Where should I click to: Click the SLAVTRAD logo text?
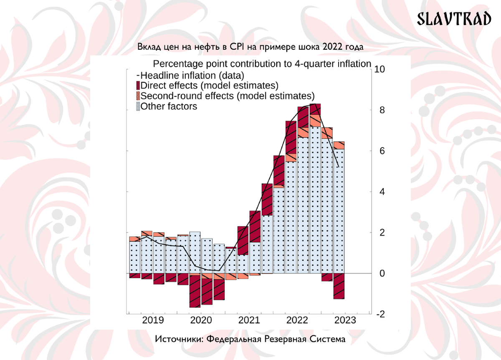click(x=455, y=19)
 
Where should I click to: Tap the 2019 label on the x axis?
click(x=153, y=320)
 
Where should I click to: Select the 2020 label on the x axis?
click(x=201, y=320)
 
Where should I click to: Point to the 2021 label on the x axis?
click(x=249, y=320)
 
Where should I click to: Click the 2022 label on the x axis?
click(x=297, y=320)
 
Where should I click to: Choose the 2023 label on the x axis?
click(x=345, y=320)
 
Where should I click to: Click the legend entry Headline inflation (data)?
click(x=192, y=76)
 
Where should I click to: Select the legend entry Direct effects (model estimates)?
click(x=209, y=86)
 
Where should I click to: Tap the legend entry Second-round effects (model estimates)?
click(x=228, y=96)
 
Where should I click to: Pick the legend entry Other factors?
click(x=169, y=106)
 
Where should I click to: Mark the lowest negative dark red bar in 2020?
click(x=195, y=291)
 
